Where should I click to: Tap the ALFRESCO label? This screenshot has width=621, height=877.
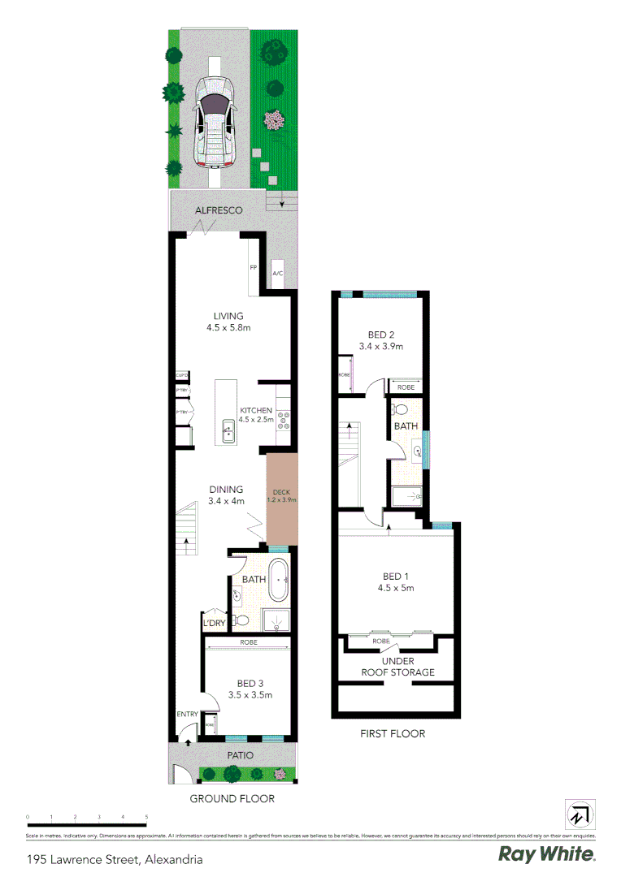click(x=219, y=210)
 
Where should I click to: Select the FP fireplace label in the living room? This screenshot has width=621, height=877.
click(x=253, y=267)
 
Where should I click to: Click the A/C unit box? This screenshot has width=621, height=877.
click(x=277, y=274)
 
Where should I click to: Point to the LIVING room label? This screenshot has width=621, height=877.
click(x=228, y=317)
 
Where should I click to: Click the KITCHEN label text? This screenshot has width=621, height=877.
click(x=256, y=411)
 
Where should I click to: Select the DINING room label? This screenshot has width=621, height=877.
click(x=226, y=490)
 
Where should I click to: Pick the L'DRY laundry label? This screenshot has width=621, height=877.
click(x=214, y=623)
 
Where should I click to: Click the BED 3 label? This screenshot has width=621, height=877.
click(x=249, y=683)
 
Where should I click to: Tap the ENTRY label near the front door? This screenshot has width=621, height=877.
click(x=188, y=715)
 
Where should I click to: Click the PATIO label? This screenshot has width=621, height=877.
click(x=240, y=755)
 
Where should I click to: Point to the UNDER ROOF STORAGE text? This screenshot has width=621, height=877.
click(x=397, y=667)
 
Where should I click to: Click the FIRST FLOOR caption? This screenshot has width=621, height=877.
click(x=393, y=733)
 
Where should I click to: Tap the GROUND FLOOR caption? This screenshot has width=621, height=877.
click(x=232, y=798)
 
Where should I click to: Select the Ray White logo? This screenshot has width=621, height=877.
click(x=546, y=854)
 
